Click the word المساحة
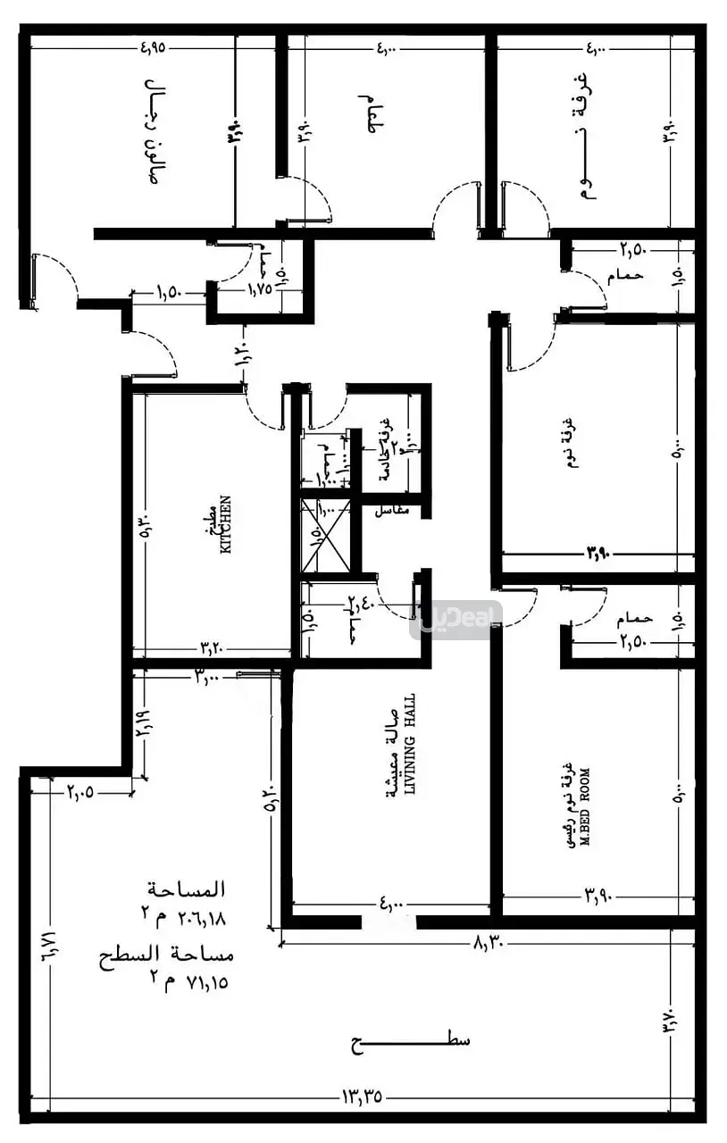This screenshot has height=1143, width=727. pyautogui.click(x=189, y=889)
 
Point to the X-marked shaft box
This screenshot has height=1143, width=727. pyautogui.click(x=325, y=536)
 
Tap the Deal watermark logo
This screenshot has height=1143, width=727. pyautogui.click(x=455, y=620)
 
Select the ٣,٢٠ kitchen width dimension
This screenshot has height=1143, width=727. pyautogui.click(x=211, y=647)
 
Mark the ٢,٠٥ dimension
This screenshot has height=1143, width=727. pyautogui.click(x=80, y=790)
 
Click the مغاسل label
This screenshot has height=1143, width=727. pyautogui.click(x=391, y=510)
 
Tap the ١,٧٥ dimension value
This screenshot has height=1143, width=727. pyautogui.click(x=259, y=290)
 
